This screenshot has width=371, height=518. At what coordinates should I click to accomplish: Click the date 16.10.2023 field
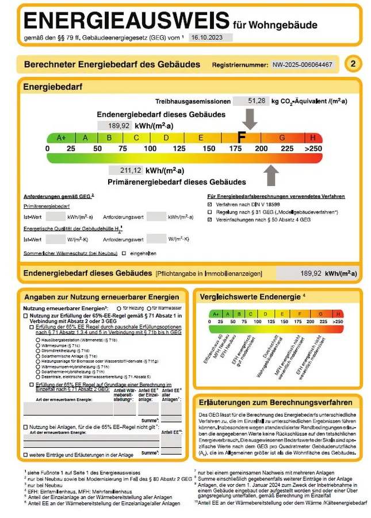click(x=211, y=37)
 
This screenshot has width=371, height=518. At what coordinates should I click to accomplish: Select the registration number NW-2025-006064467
click(x=303, y=64)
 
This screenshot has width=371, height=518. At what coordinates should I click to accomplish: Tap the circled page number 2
click(x=353, y=64)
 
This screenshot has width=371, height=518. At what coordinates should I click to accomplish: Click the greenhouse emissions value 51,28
click(x=257, y=101)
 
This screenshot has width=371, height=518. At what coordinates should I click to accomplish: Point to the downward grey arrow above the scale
click(x=250, y=118)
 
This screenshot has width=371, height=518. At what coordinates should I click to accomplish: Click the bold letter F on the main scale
click(x=242, y=138)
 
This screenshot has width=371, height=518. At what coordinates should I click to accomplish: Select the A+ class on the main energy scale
click(x=62, y=138)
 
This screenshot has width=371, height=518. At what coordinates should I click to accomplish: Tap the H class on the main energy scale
click(x=313, y=138)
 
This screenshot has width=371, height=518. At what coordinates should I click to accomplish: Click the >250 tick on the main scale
click(x=313, y=148)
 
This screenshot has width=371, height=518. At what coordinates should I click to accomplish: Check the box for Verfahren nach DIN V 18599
click(x=210, y=204)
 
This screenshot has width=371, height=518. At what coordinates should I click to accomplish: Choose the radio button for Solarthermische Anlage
click(x=38, y=356)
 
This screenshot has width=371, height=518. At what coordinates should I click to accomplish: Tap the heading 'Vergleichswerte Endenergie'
click(x=250, y=297)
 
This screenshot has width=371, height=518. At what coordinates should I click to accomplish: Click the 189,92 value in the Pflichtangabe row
click(x=310, y=273)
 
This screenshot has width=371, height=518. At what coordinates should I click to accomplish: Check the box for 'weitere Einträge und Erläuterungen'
click(x=25, y=455)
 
